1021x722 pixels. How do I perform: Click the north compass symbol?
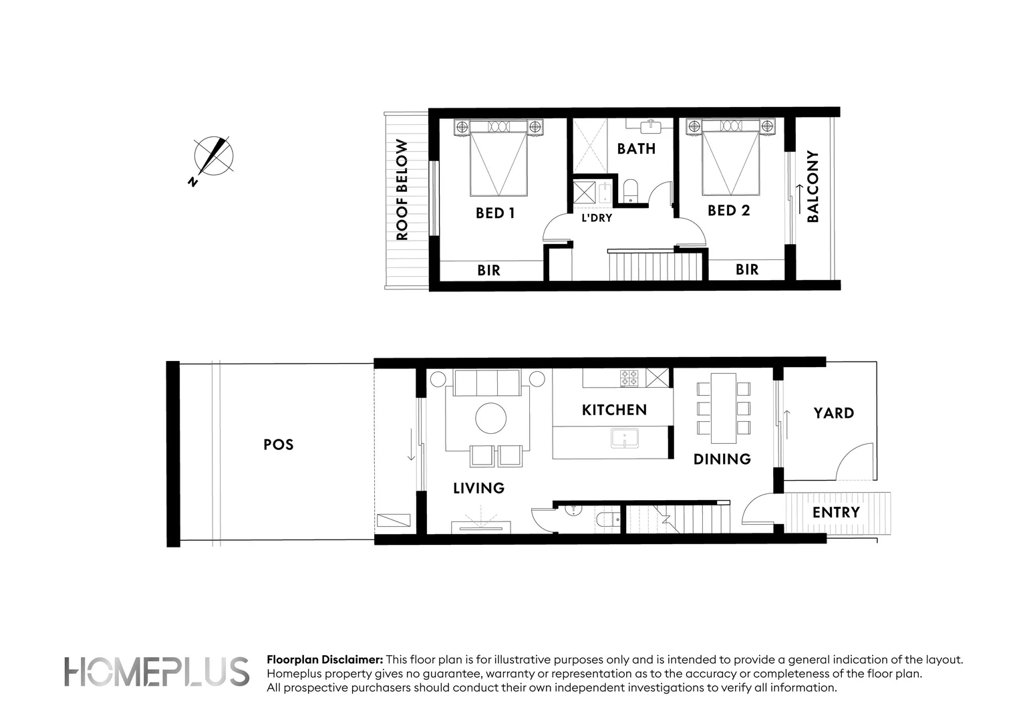click(214, 157)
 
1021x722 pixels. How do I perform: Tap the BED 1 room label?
click(494, 213)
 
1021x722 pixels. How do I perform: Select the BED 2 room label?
click(728, 211)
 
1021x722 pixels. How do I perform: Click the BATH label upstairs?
click(636, 148)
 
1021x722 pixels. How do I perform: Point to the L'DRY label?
click(596, 218)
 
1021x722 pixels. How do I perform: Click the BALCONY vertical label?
click(813, 187)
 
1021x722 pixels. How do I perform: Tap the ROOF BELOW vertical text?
click(402, 190)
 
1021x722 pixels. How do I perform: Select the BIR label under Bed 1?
click(488, 271)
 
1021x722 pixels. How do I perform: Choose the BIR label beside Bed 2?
click(746, 269)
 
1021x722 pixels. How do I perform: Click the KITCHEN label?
click(614, 410)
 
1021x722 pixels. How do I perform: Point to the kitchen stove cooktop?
click(629, 378)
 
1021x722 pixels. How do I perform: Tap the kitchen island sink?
click(624, 439)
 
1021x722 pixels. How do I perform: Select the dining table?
click(723, 408)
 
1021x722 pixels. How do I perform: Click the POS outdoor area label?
click(278, 445)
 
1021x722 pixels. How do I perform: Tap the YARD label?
click(833, 413)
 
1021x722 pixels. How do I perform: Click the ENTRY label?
click(836, 513)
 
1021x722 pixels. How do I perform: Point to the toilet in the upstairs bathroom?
click(630, 190)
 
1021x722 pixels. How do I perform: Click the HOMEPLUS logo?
click(156, 672)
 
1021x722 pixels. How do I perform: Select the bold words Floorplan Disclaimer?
click(325, 660)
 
